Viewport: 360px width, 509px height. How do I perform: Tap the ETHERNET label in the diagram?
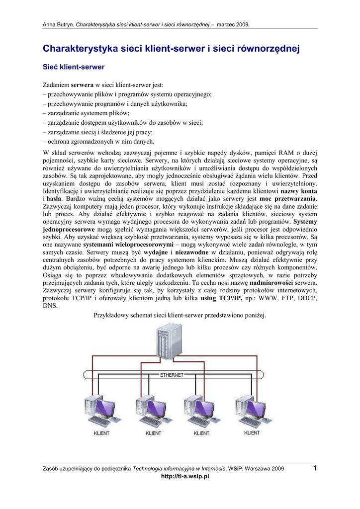pos(172,375)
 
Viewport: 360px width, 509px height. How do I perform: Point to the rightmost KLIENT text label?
pos(252,432)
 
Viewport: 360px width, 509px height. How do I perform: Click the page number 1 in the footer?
pos(315,467)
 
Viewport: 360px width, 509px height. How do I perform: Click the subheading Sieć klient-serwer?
pos(73,66)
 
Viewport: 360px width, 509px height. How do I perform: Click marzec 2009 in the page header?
pos(233,24)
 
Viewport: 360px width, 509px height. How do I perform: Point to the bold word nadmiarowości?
pos(280,283)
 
